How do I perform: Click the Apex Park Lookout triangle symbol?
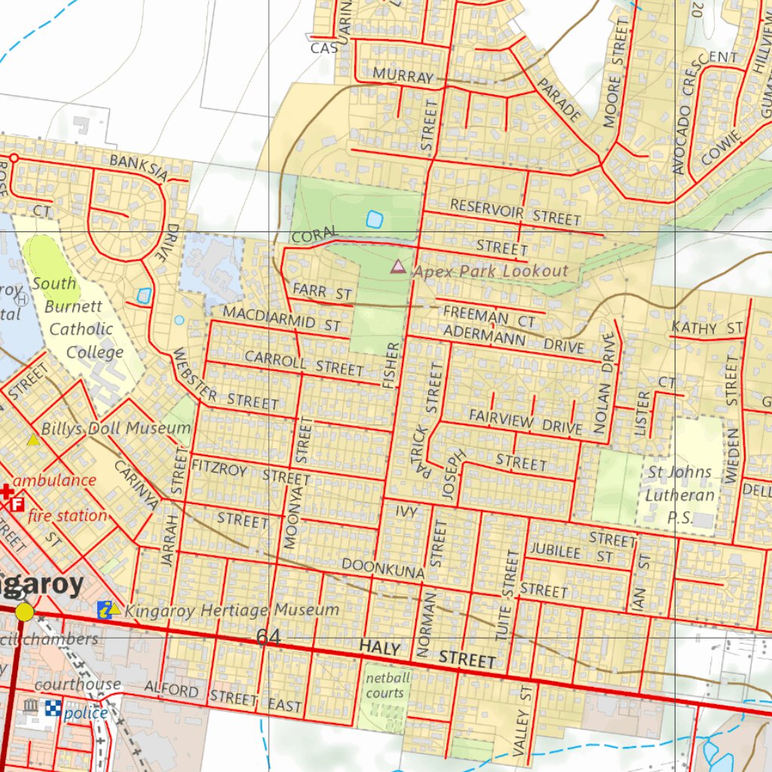(397, 266)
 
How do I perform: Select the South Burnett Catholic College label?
(78, 317)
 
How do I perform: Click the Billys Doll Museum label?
(116, 428)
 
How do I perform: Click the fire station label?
(67, 516)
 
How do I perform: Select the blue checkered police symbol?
(53, 708)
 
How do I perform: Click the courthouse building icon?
(31, 706)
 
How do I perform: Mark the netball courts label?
(384, 685)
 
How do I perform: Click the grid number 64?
(268, 637)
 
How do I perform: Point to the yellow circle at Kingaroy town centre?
(25, 611)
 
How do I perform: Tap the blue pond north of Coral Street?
(374, 219)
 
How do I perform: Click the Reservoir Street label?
(516, 213)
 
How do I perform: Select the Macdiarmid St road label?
(282, 318)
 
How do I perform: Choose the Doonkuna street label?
(383, 568)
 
